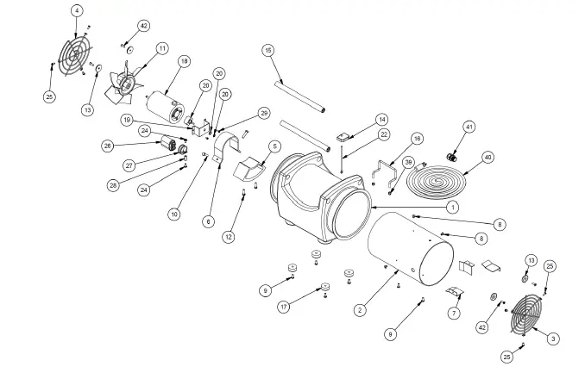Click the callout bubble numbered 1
point(453,207)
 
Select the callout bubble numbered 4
point(77,10)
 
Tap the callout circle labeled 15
point(268,51)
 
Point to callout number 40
point(487,157)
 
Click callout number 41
point(469,127)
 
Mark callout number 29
point(264,114)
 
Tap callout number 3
point(553,339)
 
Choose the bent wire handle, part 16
point(384,171)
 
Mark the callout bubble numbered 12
point(228,237)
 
